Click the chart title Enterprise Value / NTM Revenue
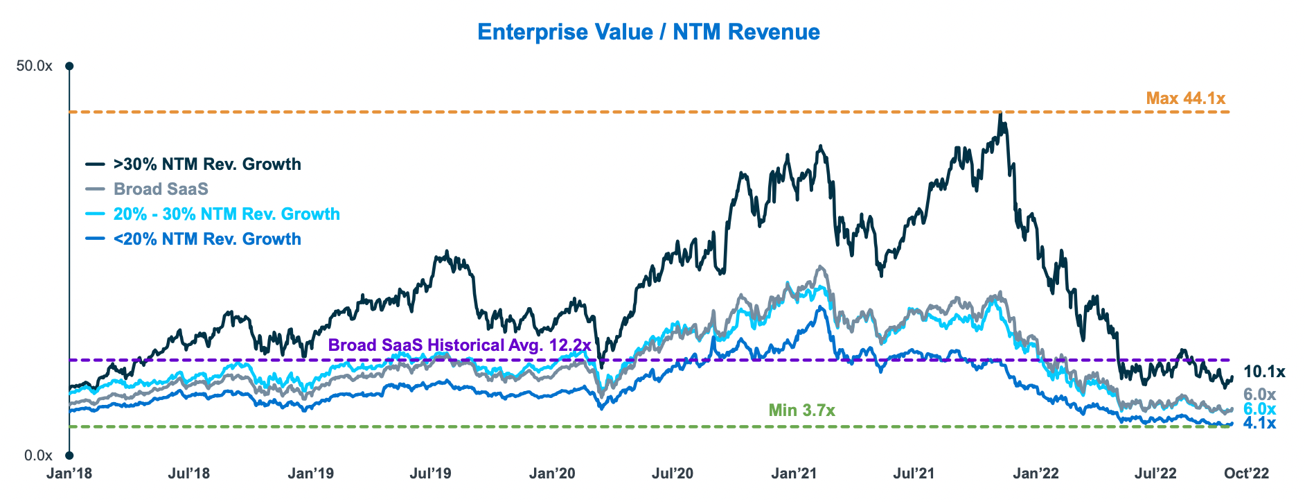click(x=648, y=32)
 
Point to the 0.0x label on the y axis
click(x=39, y=456)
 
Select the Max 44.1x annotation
click(x=1185, y=98)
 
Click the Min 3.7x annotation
click(x=801, y=410)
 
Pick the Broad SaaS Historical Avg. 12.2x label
click(x=459, y=345)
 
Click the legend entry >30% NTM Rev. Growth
click(x=207, y=164)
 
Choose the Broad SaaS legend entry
click(x=161, y=189)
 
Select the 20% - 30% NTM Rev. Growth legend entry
click(x=227, y=214)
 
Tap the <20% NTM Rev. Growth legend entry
click(x=207, y=239)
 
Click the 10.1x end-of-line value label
click(x=1264, y=372)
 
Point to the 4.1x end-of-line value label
click(x=1259, y=423)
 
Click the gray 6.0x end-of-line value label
click(x=1259, y=395)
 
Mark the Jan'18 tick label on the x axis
click(x=69, y=474)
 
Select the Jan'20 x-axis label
click(x=552, y=474)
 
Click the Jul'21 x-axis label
click(x=914, y=474)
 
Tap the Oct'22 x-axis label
click(x=1246, y=474)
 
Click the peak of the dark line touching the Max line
click(x=1000, y=114)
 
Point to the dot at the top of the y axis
click(x=69, y=67)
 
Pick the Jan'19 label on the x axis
click(x=310, y=474)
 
